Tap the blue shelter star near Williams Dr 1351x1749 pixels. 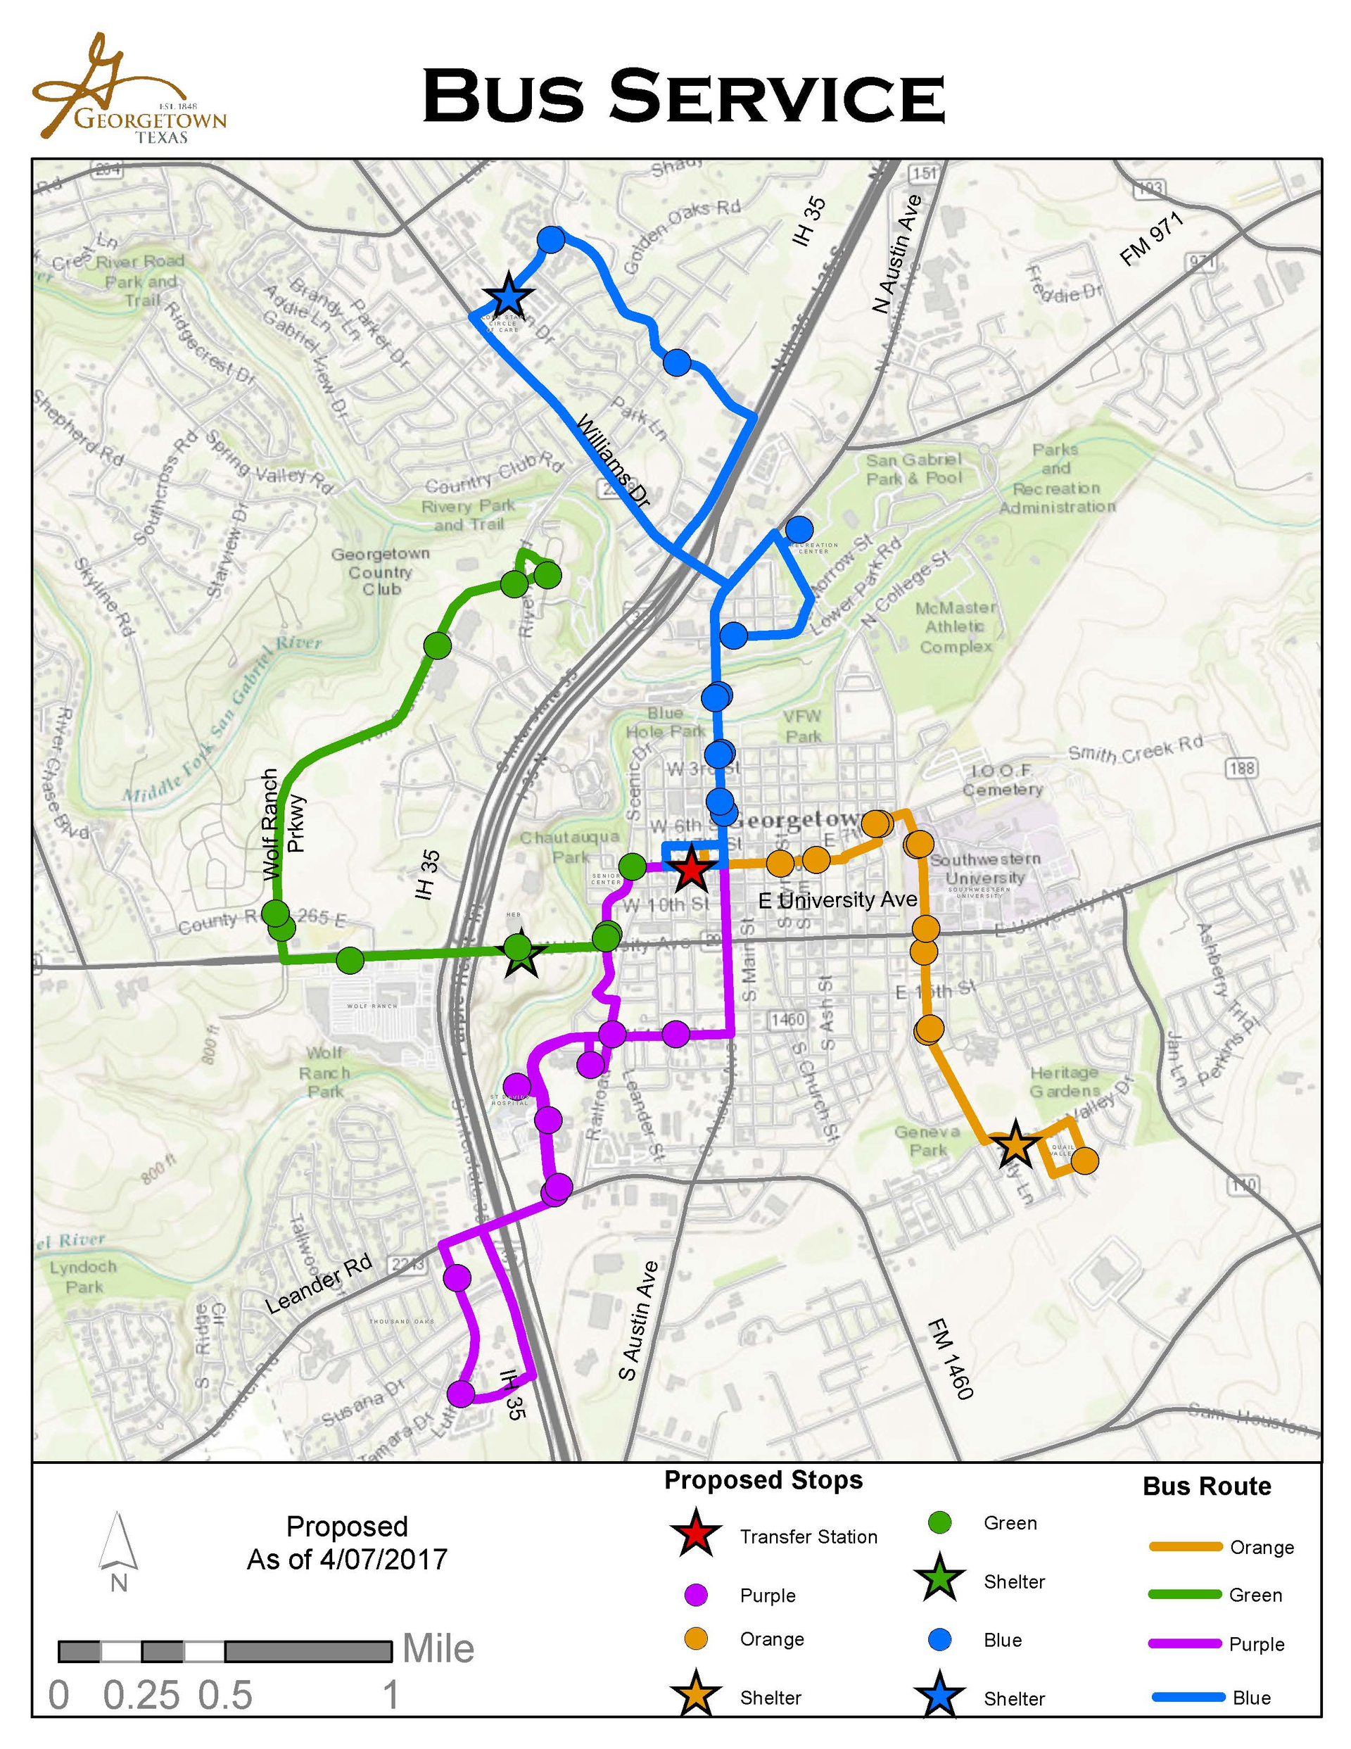pos(508,296)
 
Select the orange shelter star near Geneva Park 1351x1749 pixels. pos(1015,1144)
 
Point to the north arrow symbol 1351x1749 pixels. pos(118,1541)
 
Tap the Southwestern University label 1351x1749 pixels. pos(985,868)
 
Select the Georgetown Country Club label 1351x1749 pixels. pos(381,571)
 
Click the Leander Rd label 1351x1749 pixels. pos(319,1283)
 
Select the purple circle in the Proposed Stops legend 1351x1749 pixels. pos(697,1594)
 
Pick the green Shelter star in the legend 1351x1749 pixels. pos(939,1581)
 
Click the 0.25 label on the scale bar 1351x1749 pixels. pos(141,1696)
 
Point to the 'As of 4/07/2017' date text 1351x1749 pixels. pos(347,1559)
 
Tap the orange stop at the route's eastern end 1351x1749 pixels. pos(1084,1161)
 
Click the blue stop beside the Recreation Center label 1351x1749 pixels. pos(799,529)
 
